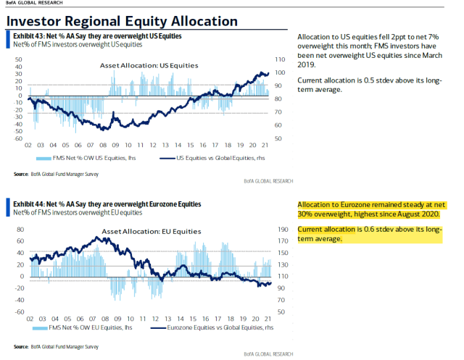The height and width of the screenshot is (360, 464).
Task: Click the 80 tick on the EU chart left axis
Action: pos(20,229)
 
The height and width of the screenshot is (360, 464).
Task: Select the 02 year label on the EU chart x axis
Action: pos(29,318)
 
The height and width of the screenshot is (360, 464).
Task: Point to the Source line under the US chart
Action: pos(55,174)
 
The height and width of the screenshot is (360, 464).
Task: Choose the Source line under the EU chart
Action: pos(55,347)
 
